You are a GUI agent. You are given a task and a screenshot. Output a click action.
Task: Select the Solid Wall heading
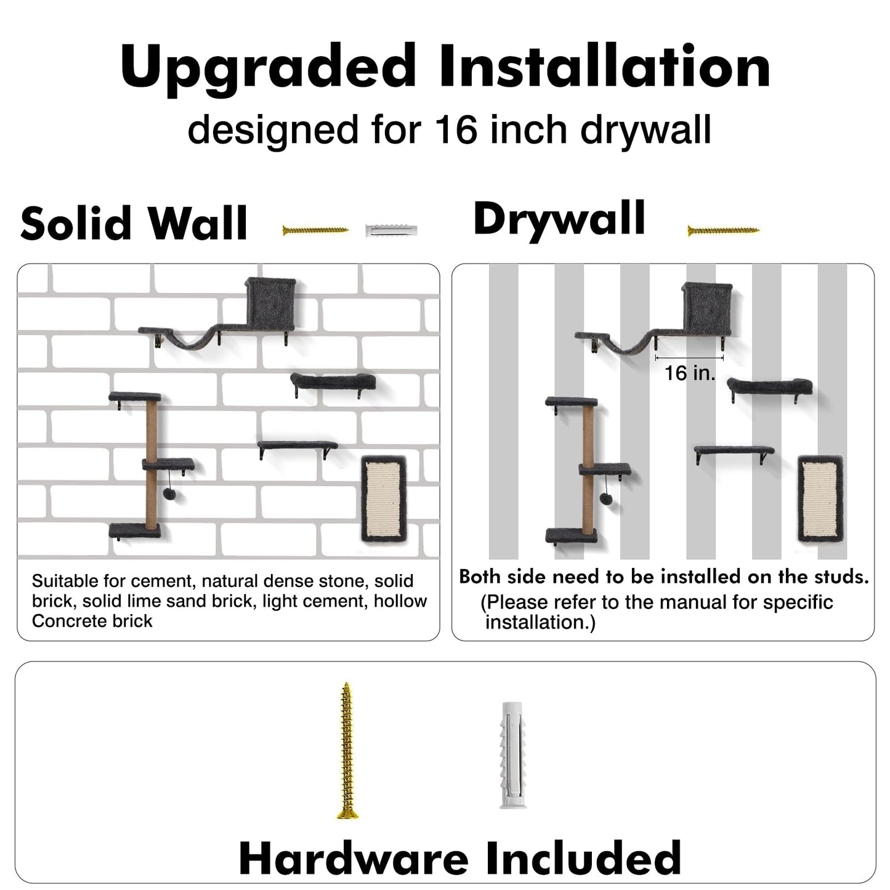click(x=134, y=223)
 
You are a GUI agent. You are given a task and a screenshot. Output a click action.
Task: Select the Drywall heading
click(x=559, y=219)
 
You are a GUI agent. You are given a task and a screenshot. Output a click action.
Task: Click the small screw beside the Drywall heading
click(x=723, y=231)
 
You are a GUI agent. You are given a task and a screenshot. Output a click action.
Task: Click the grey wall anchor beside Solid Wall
click(x=391, y=231)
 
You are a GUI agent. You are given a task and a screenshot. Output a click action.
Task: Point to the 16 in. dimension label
click(x=690, y=373)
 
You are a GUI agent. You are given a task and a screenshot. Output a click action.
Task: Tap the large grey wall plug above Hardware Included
click(x=512, y=754)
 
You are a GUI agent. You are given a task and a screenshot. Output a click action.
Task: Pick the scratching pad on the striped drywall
click(x=820, y=499)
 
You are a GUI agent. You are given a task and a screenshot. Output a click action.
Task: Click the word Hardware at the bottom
click(x=354, y=857)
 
